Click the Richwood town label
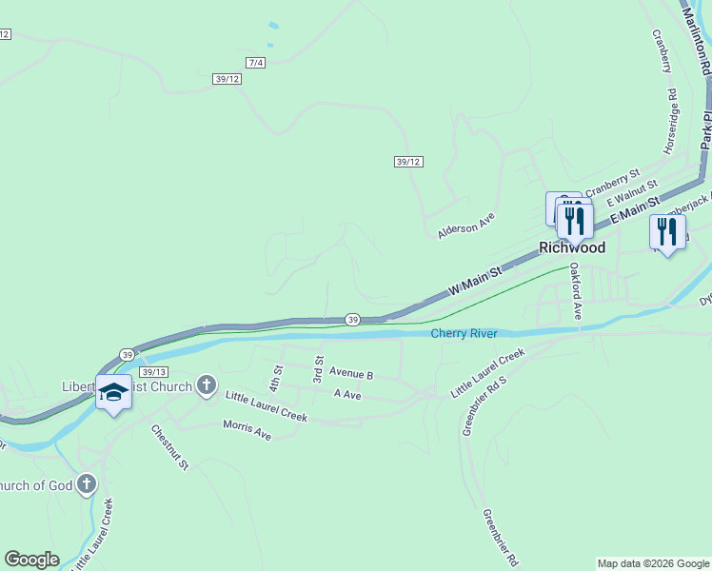point(572,247)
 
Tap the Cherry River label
point(464,333)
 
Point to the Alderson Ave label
point(466,225)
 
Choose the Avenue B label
point(351,375)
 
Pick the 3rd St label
point(319,370)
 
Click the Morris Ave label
point(247,430)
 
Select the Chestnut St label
point(170,446)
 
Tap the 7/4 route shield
point(255,63)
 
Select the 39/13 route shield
point(152,372)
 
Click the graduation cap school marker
point(113,393)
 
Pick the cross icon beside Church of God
point(87,485)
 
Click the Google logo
point(31,560)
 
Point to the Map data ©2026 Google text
point(652,563)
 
